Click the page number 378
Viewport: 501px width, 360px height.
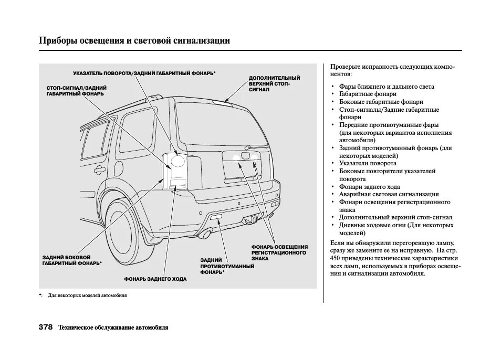(46, 327)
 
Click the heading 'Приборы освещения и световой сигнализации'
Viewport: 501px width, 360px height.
(134, 41)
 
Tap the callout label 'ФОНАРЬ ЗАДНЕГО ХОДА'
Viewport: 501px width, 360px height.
(155, 279)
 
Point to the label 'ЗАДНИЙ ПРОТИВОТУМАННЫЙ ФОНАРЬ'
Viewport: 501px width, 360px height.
(227, 266)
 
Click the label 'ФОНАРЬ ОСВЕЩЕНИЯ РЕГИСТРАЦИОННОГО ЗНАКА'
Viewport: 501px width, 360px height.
(279, 252)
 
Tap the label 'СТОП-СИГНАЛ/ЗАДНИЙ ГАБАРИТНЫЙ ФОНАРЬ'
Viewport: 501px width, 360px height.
(77, 90)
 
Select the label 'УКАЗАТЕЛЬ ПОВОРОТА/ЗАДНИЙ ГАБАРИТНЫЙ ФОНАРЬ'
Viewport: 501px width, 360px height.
(144, 73)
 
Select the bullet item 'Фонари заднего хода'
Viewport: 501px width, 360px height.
(369, 187)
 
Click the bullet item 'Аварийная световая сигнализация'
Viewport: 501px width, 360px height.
(381, 194)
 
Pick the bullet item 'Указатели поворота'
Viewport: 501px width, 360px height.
(368, 163)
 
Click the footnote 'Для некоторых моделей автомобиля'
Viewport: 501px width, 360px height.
(87, 295)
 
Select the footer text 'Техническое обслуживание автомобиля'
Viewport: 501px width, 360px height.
(113, 327)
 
